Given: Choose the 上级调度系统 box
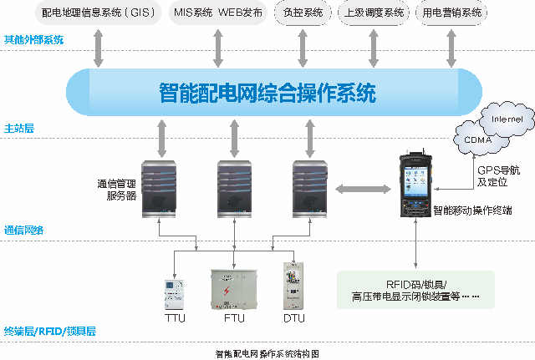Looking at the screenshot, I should (374, 13).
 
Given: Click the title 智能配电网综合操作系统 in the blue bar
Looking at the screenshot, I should (267, 92).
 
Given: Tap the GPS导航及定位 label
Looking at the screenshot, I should (493, 175).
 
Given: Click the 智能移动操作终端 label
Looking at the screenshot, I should (471, 211).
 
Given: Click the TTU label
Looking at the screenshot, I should (176, 318).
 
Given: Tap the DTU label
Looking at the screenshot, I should (293, 318).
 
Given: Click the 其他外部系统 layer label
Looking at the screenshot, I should (33, 40).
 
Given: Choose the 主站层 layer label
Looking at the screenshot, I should (18, 129).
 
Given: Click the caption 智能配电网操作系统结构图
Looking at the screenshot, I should (267, 353).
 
